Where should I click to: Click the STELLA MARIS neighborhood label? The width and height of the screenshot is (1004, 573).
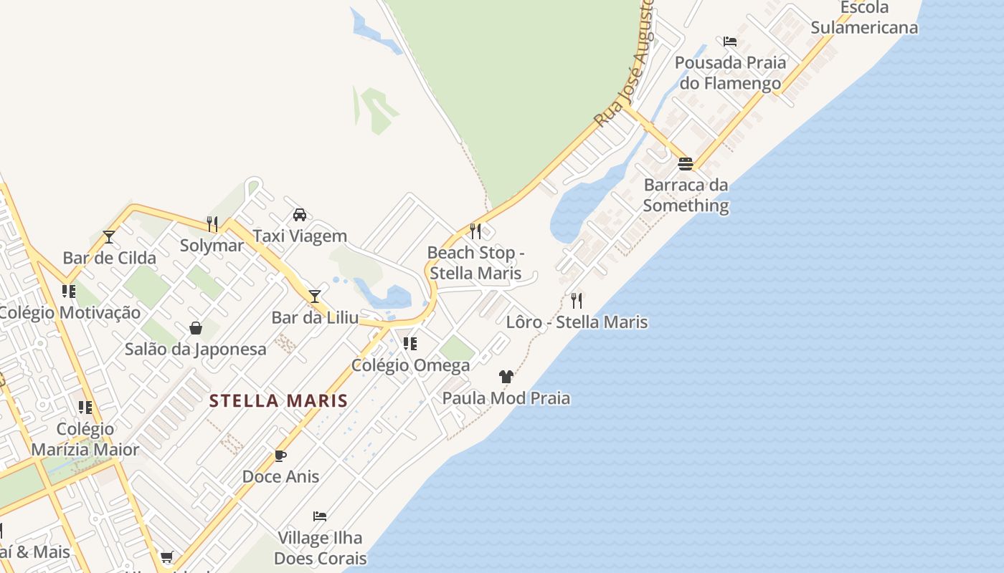point(278,400)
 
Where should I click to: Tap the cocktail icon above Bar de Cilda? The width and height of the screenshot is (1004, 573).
point(109,236)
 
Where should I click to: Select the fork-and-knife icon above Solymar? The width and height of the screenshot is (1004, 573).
point(212,224)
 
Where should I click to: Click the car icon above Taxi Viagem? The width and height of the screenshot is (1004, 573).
point(300,215)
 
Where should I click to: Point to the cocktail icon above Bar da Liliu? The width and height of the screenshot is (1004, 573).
point(314,296)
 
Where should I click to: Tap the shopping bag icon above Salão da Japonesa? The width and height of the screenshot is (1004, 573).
point(195,328)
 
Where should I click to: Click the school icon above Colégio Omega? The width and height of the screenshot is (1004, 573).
point(410,344)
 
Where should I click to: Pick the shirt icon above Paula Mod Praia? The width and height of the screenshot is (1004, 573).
point(506,376)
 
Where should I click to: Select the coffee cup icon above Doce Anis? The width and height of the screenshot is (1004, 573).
point(280,456)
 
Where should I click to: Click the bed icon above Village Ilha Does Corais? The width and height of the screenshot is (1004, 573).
point(320,516)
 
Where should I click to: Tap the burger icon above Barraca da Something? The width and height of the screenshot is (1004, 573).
point(685,164)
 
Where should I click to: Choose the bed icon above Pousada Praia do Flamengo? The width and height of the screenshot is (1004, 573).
point(730,42)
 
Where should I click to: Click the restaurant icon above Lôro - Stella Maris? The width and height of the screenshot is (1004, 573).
point(577,300)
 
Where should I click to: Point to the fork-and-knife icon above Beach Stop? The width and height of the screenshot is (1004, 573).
point(475,231)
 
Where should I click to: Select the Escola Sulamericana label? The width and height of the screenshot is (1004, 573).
point(864,18)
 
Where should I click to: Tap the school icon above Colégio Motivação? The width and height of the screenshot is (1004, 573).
point(69,292)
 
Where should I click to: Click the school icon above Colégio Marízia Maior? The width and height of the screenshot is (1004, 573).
point(85,408)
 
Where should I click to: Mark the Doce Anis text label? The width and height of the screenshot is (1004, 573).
point(280,476)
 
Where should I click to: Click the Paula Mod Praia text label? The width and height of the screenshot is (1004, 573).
point(506,398)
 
